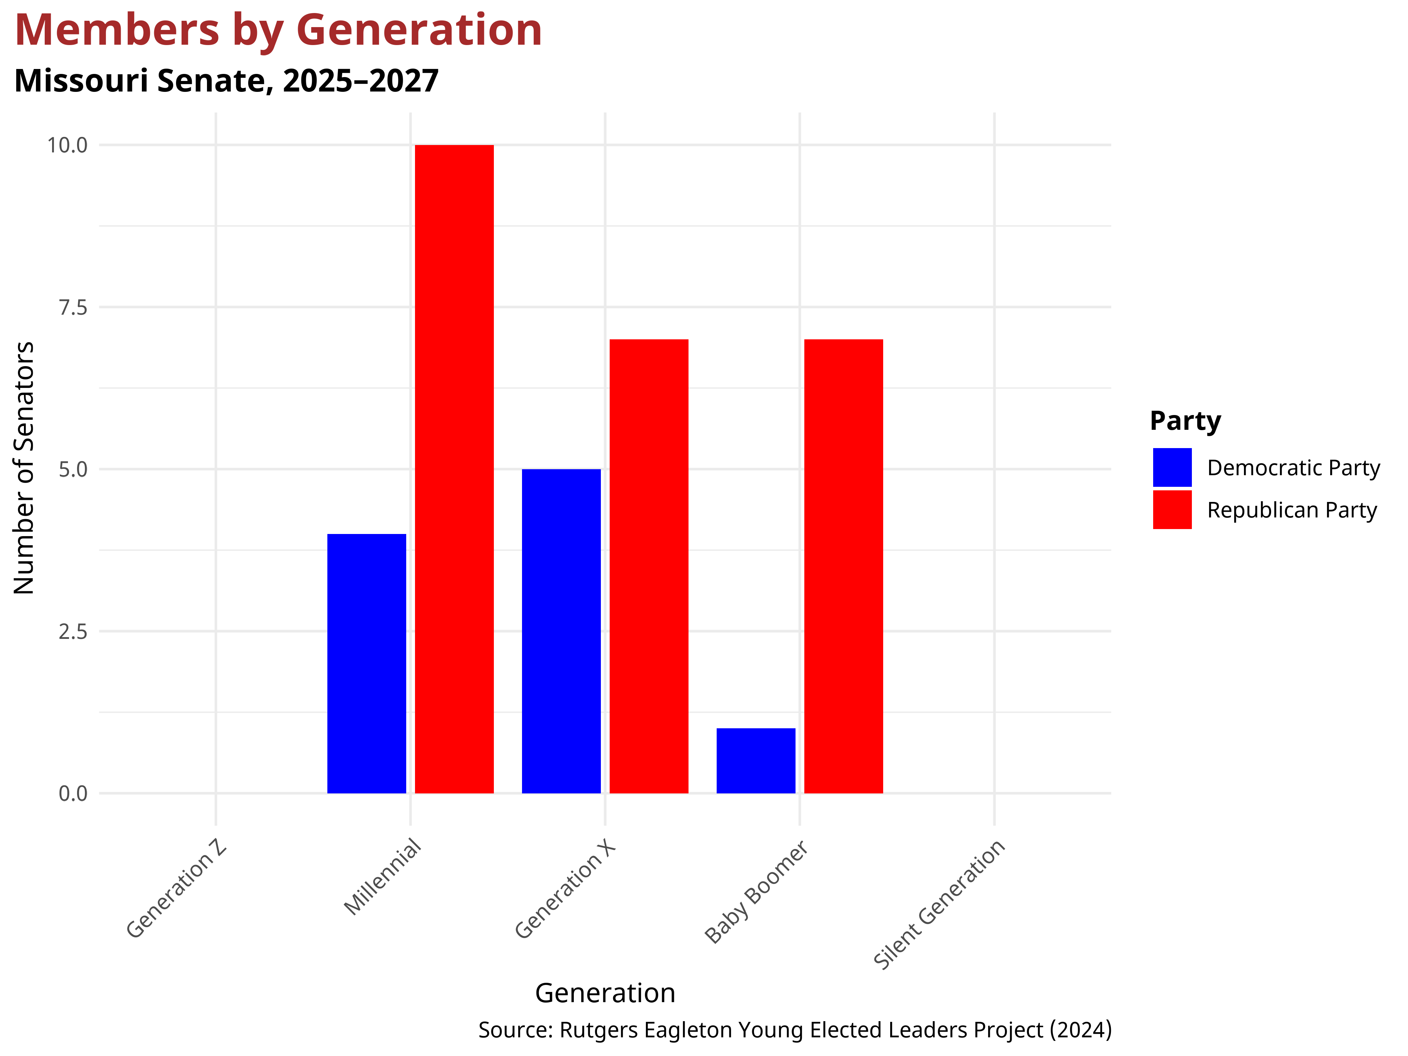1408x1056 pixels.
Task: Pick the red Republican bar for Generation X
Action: pyautogui.click(x=649, y=566)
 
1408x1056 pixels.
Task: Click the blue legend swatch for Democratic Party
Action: pyautogui.click(x=1172, y=467)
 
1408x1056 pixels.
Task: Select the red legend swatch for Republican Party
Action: pyautogui.click(x=1172, y=509)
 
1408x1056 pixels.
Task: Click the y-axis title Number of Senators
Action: pyautogui.click(x=24, y=469)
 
